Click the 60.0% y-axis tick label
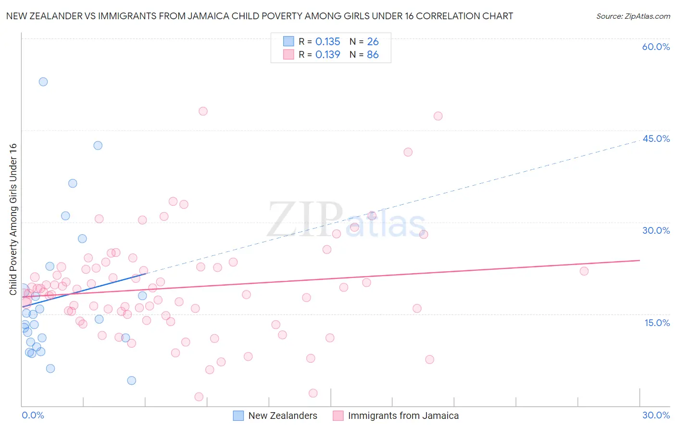(x=656, y=47)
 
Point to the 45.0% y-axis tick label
(x=656, y=139)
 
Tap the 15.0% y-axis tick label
(x=657, y=323)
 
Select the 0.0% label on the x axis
(x=33, y=415)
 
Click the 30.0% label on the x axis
(x=656, y=415)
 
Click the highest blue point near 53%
(x=43, y=82)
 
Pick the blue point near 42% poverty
(x=98, y=145)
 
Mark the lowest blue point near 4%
(x=132, y=380)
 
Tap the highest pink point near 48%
(x=203, y=111)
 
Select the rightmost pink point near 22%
(x=584, y=271)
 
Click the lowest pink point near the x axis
(x=199, y=397)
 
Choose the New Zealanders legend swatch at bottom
(x=238, y=416)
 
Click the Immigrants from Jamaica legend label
(x=403, y=416)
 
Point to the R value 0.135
(x=327, y=42)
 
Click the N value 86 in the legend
(x=373, y=55)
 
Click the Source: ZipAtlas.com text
(x=633, y=16)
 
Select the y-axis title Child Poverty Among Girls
(x=13, y=219)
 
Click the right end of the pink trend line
(x=639, y=260)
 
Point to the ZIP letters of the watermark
(x=305, y=219)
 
